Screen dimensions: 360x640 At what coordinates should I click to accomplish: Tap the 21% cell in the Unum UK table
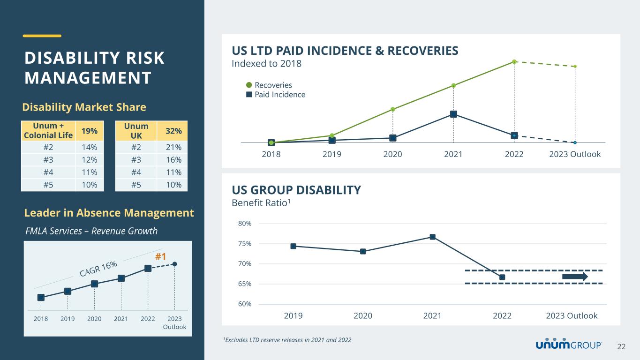pos(175,148)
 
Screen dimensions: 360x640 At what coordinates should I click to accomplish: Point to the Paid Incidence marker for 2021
pos(453,114)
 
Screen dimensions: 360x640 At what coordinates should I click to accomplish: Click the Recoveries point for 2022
pos(514,61)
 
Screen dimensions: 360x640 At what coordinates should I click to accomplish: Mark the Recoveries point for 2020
pos(392,109)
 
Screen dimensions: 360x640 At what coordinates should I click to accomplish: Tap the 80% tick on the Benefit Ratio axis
pos(245,224)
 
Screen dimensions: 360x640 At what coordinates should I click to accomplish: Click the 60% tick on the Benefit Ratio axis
pos(245,304)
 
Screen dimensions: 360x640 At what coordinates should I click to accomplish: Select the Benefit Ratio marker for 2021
pos(432,237)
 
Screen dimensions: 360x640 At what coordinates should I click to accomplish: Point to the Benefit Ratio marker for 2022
pos(502,277)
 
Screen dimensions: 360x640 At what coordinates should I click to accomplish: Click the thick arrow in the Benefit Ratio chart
pos(574,277)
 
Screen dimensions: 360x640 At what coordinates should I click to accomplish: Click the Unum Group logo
pos(569,345)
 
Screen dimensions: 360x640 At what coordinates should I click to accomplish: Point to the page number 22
pos(621,346)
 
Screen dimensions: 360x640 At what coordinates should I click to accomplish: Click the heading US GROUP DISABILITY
pos(296,190)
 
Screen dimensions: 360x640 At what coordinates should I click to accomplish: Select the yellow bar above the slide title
pos(42,35)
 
